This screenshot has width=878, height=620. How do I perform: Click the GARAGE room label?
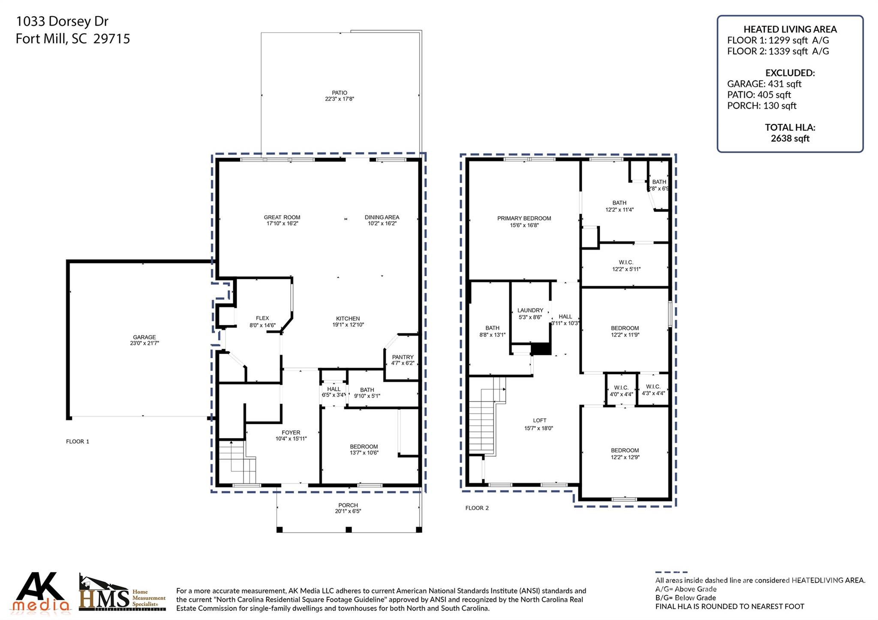tap(144, 337)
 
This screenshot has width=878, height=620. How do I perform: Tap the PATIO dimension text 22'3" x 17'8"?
tap(339, 99)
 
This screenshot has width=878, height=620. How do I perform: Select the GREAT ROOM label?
tap(282, 217)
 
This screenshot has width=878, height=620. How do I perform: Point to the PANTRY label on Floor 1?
tap(403, 357)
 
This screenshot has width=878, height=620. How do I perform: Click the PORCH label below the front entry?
tap(348, 505)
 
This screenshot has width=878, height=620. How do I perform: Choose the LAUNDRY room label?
tap(530, 310)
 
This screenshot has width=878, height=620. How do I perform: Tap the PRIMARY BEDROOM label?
tap(524, 218)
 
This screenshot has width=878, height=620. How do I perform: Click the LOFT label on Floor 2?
tap(539, 420)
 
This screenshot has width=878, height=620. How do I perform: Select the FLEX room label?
tap(262, 318)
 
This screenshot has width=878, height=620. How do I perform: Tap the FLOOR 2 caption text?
tap(477, 508)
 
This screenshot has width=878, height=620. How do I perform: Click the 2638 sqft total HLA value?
tap(790, 138)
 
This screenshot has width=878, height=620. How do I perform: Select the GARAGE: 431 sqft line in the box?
tap(764, 84)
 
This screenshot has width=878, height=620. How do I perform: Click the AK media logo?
tap(41, 593)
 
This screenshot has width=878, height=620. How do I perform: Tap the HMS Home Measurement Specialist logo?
tap(122, 593)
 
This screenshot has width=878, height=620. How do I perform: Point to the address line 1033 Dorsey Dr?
tap(62, 21)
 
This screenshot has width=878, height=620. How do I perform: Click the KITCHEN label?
tap(347, 318)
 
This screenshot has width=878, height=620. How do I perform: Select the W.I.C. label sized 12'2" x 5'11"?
tap(625, 262)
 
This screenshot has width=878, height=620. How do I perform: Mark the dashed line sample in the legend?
tap(671, 572)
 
